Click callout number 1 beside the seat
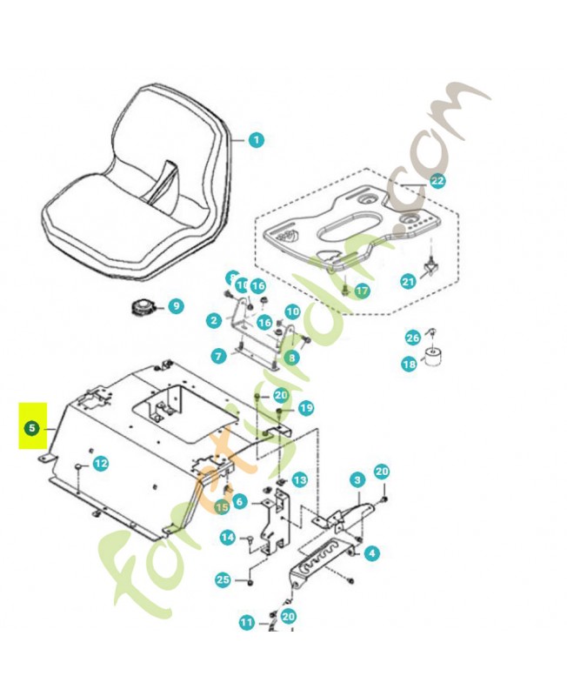click(256, 140)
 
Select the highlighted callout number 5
click(32, 428)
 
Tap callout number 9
click(175, 306)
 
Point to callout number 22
click(437, 181)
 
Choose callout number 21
click(409, 281)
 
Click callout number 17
click(362, 291)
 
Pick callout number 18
click(409, 365)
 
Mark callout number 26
click(413, 338)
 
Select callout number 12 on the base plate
click(101, 464)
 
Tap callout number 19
click(305, 408)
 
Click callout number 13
click(300, 480)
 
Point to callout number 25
click(223, 579)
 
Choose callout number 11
click(247, 622)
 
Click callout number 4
click(372, 552)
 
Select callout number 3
click(357, 480)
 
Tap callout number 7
click(218, 355)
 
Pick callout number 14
click(227, 538)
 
